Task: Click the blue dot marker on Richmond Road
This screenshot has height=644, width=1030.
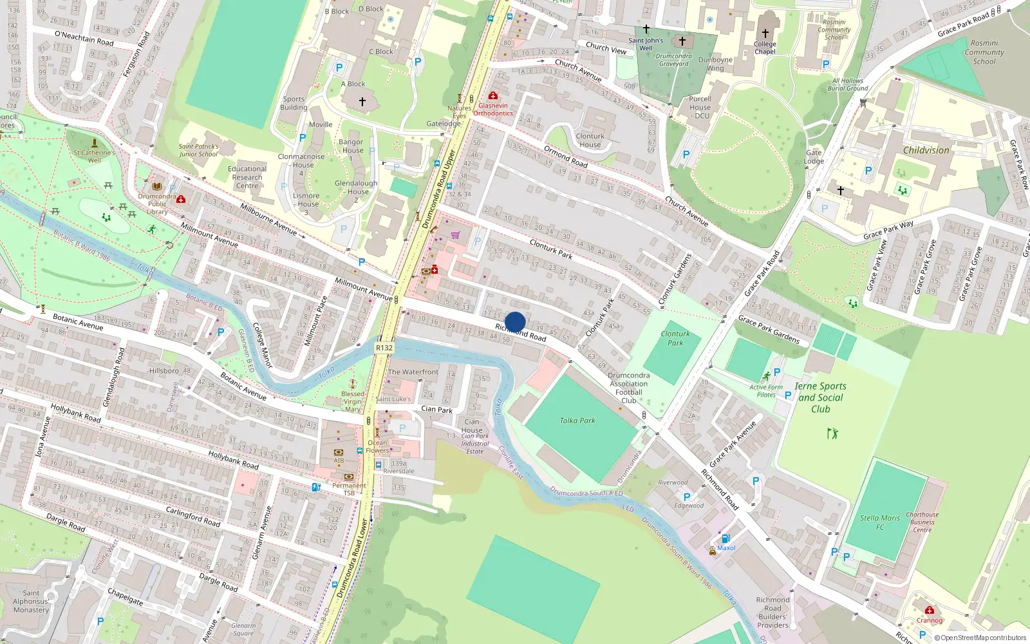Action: click(x=515, y=322)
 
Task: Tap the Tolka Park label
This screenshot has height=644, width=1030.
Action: click(x=577, y=421)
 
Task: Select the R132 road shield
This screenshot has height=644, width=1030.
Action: click(x=384, y=348)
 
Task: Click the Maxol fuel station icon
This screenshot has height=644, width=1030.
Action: click(x=726, y=538)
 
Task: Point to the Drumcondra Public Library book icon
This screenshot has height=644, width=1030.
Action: click(x=157, y=186)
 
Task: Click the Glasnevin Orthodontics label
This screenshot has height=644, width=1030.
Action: click(x=493, y=109)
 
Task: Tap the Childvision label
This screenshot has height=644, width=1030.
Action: click(x=926, y=150)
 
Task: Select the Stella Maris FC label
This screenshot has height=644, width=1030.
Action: click(x=880, y=522)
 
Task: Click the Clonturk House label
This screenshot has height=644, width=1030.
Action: click(x=590, y=140)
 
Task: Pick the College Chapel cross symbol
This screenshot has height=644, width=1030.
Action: click(x=765, y=33)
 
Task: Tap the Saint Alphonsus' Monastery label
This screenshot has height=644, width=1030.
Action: click(x=31, y=601)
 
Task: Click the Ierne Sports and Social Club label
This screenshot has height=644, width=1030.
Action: click(x=820, y=397)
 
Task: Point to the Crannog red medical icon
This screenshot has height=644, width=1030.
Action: click(x=929, y=611)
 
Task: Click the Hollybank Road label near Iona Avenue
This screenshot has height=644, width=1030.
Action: click(x=76, y=413)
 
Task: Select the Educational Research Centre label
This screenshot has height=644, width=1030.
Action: click(x=247, y=177)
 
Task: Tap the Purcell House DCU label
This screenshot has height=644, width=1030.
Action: click(x=700, y=108)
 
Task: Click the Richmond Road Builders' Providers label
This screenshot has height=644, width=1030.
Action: click(x=772, y=612)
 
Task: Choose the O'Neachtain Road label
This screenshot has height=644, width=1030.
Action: click(x=84, y=38)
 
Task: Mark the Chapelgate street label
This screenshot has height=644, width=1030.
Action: click(x=125, y=596)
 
